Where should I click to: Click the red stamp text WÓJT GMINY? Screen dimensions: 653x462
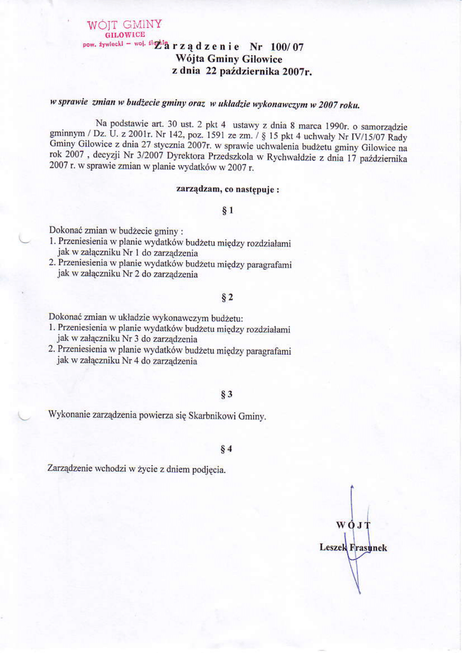(124, 26)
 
